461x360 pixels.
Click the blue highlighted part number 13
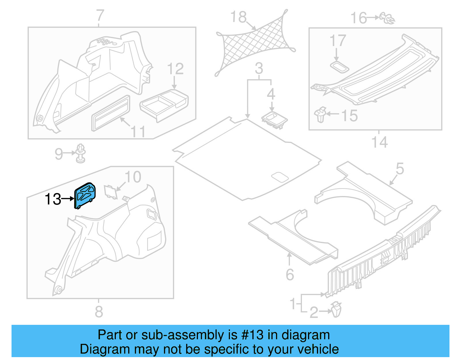pyautogui.click(x=85, y=195)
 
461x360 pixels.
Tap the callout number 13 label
pyautogui.click(x=53, y=199)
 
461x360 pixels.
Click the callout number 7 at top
pyautogui.click(x=100, y=16)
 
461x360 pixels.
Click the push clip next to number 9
pyautogui.click(x=81, y=153)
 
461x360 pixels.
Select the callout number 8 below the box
pyautogui.click(x=99, y=312)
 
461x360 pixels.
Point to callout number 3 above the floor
pyautogui.click(x=259, y=69)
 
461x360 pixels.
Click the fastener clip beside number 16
pyautogui.click(x=388, y=18)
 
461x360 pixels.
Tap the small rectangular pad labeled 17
pyautogui.click(x=340, y=67)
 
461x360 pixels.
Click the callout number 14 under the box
pyautogui.click(x=379, y=142)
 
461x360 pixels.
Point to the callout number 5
pyautogui.click(x=400, y=169)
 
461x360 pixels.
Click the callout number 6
pyautogui.click(x=290, y=274)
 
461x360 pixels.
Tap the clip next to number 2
pyautogui.click(x=336, y=310)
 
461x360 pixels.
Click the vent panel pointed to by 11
pyautogui.click(x=111, y=113)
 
